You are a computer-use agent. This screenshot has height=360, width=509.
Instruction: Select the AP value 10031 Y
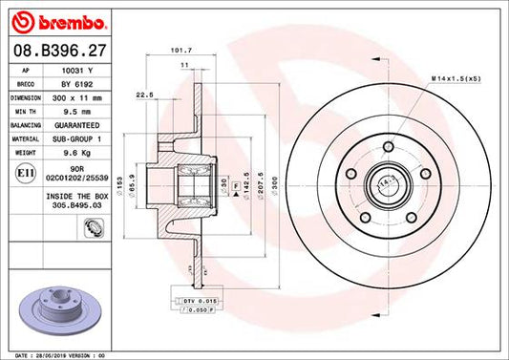[x=77, y=71]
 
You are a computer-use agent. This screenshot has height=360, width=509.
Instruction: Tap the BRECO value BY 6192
[x=77, y=84]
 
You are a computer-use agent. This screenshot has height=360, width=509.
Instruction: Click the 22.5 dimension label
[x=146, y=95]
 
